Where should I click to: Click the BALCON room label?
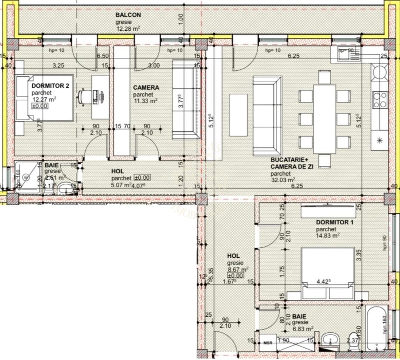point(128,15)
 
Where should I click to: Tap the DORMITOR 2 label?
point(50,86)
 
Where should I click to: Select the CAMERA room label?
point(146,88)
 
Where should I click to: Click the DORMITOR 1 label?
point(334,222)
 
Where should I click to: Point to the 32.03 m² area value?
point(283,180)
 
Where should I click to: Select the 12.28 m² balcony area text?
point(127,29)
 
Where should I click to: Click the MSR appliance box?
point(268,343)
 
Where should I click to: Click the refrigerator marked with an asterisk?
point(379,140)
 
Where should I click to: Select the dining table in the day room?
point(324,119)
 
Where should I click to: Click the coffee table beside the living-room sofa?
point(238,115)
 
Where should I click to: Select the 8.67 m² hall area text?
point(237,269)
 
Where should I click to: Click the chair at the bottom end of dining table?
point(324,161)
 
